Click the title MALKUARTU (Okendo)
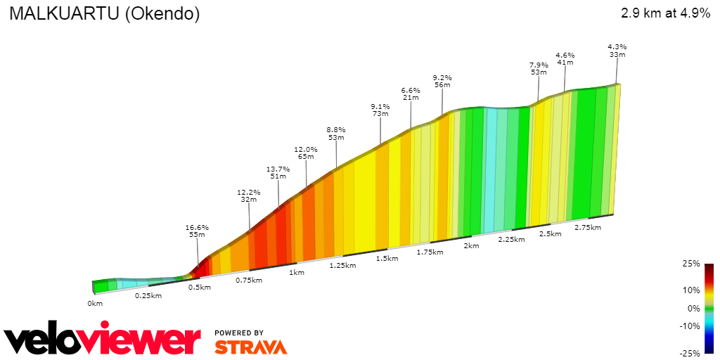(x=104, y=13)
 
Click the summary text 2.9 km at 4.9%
(x=665, y=13)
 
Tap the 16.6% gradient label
(x=197, y=228)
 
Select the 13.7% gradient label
(x=278, y=169)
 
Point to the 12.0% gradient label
(x=306, y=150)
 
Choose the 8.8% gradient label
(x=336, y=130)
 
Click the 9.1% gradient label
(x=380, y=107)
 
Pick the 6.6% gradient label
(x=411, y=91)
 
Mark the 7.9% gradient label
(x=539, y=65)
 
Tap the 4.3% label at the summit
(x=617, y=47)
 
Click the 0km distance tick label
(x=95, y=303)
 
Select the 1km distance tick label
(x=296, y=272)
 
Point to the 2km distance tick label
(x=471, y=245)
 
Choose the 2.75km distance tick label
(x=588, y=227)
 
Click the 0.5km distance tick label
(x=200, y=287)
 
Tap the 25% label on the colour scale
(x=692, y=264)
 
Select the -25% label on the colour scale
(x=690, y=353)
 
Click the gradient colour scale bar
(x=709, y=308)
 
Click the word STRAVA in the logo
(x=250, y=347)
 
